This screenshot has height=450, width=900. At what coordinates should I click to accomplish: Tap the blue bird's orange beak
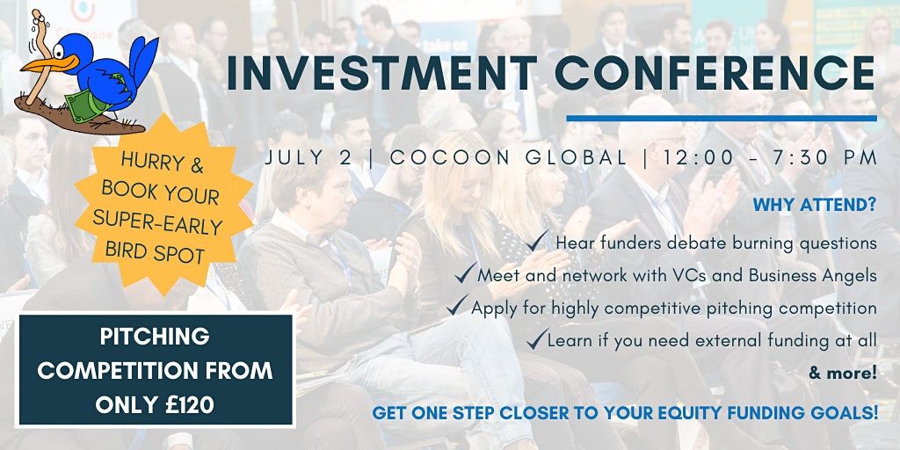click(49, 62)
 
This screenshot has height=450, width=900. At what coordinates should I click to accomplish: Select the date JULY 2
click(308, 158)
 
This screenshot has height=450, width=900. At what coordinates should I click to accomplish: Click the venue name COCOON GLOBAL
click(509, 158)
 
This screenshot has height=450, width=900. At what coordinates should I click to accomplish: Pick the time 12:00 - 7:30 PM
click(770, 158)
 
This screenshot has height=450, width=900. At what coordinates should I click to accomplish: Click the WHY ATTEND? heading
click(815, 205)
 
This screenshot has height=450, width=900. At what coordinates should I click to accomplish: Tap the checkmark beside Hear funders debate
click(537, 241)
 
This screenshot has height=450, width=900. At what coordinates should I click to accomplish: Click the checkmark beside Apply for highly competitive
click(457, 305)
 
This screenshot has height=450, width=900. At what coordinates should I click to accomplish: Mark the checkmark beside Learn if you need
click(537, 338)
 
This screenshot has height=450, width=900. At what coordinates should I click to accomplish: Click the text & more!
click(843, 374)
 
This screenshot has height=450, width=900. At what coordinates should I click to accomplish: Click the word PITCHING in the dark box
click(155, 337)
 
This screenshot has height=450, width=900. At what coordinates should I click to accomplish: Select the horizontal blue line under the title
click(722, 119)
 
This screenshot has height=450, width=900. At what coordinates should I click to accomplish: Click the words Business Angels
click(813, 275)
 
